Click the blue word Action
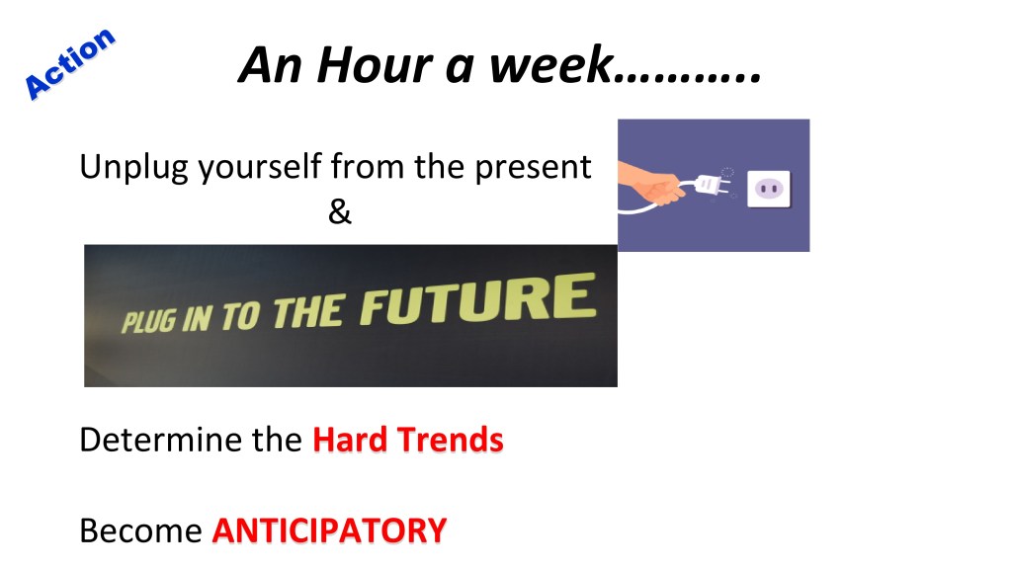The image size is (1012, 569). [69, 63]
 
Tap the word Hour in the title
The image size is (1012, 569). [375, 65]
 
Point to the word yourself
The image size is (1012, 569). [260, 168]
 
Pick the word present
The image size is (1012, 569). [533, 168]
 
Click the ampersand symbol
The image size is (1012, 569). [340, 211]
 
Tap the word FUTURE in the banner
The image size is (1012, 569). [478, 298]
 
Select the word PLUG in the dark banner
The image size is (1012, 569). [148, 321]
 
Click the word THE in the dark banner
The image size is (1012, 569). [308, 311]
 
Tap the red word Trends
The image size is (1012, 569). [450, 440]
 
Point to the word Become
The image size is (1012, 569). [140, 530]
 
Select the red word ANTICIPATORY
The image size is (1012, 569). [329, 530]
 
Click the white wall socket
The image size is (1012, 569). [769, 189]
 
